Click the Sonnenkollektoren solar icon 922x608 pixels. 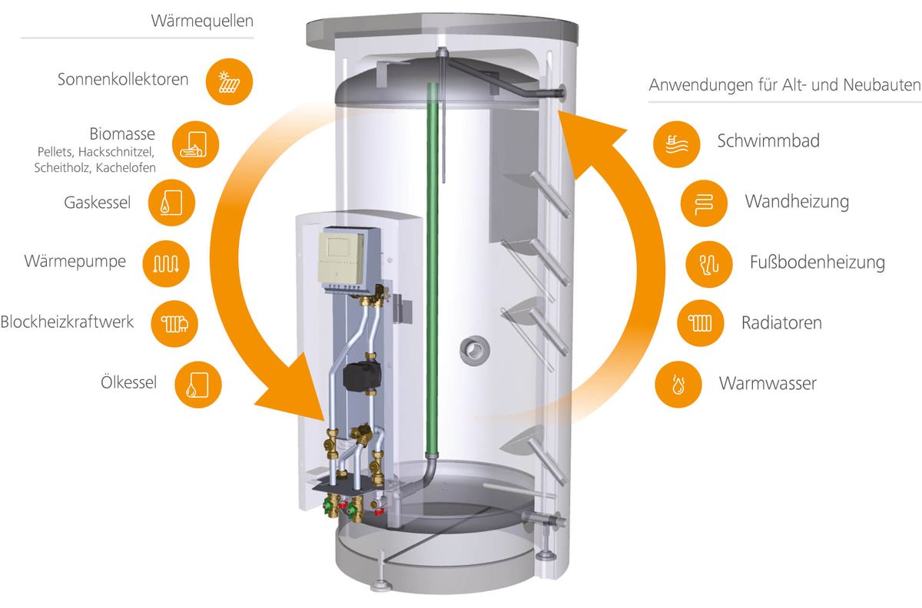click(229, 81)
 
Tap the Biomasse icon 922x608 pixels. click(196, 143)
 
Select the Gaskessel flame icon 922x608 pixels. click(171, 203)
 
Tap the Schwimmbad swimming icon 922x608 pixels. click(677, 142)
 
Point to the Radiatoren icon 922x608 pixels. click(699, 322)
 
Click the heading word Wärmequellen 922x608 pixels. click(202, 21)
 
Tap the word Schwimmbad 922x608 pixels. click(758, 141)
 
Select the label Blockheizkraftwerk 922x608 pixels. click(67, 322)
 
